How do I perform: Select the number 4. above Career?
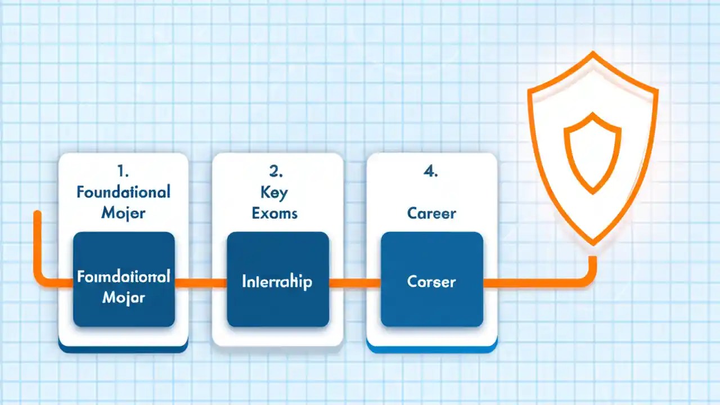pyautogui.click(x=431, y=172)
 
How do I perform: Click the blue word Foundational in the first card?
pyautogui.click(x=123, y=192)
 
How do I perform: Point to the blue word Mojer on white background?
pyautogui.click(x=123, y=213)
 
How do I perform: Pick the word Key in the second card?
pyautogui.click(x=274, y=192)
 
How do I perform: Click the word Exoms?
pyautogui.click(x=275, y=213)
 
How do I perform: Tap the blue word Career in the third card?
pyautogui.click(x=431, y=214)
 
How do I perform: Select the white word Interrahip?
pyautogui.click(x=277, y=281)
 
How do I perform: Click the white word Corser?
pyautogui.click(x=431, y=281)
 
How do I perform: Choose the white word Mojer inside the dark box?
pyautogui.click(x=123, y=298)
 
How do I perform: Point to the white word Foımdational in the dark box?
pyautogui.click(x=123, y=277)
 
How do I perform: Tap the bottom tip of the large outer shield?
pyautogui.click(x=592, y=244)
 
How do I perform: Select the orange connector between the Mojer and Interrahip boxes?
pyautogui.click(x=201, y=282)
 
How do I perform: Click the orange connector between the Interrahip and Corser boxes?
pyautogui.click(x=355, y=282)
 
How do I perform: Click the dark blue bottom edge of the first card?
pyautogui.click(x=123, y=349)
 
